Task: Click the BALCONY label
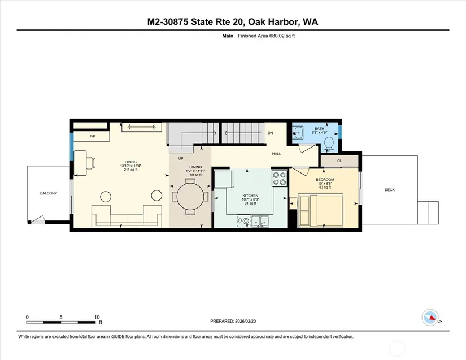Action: [x=49, y=193]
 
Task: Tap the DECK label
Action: [x=390, y=190]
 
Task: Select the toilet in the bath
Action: [x=329, y=144]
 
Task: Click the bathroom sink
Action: [x=298, y=132]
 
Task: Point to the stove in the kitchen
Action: [x=280, y=179]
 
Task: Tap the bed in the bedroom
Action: [x=321, y=210]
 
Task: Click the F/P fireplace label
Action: [x=93, y=136]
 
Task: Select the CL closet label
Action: [x=339, y=161]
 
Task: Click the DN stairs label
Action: [x=270, y=133]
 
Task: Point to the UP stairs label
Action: [x=181, y=158]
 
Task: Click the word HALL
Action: [x=276, y=154]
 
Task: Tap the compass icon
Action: [x=430, y=318]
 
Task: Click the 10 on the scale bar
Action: [x=97, y=317]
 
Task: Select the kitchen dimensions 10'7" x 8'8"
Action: [x=250, y=199]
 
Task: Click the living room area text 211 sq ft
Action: [x=130, y=170]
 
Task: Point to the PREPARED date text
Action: [x=233, y=321]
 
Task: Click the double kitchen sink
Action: [x=260, y=221]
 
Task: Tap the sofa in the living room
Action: [x=127, y=216]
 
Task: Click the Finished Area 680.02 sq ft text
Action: [x=266, y=36]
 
